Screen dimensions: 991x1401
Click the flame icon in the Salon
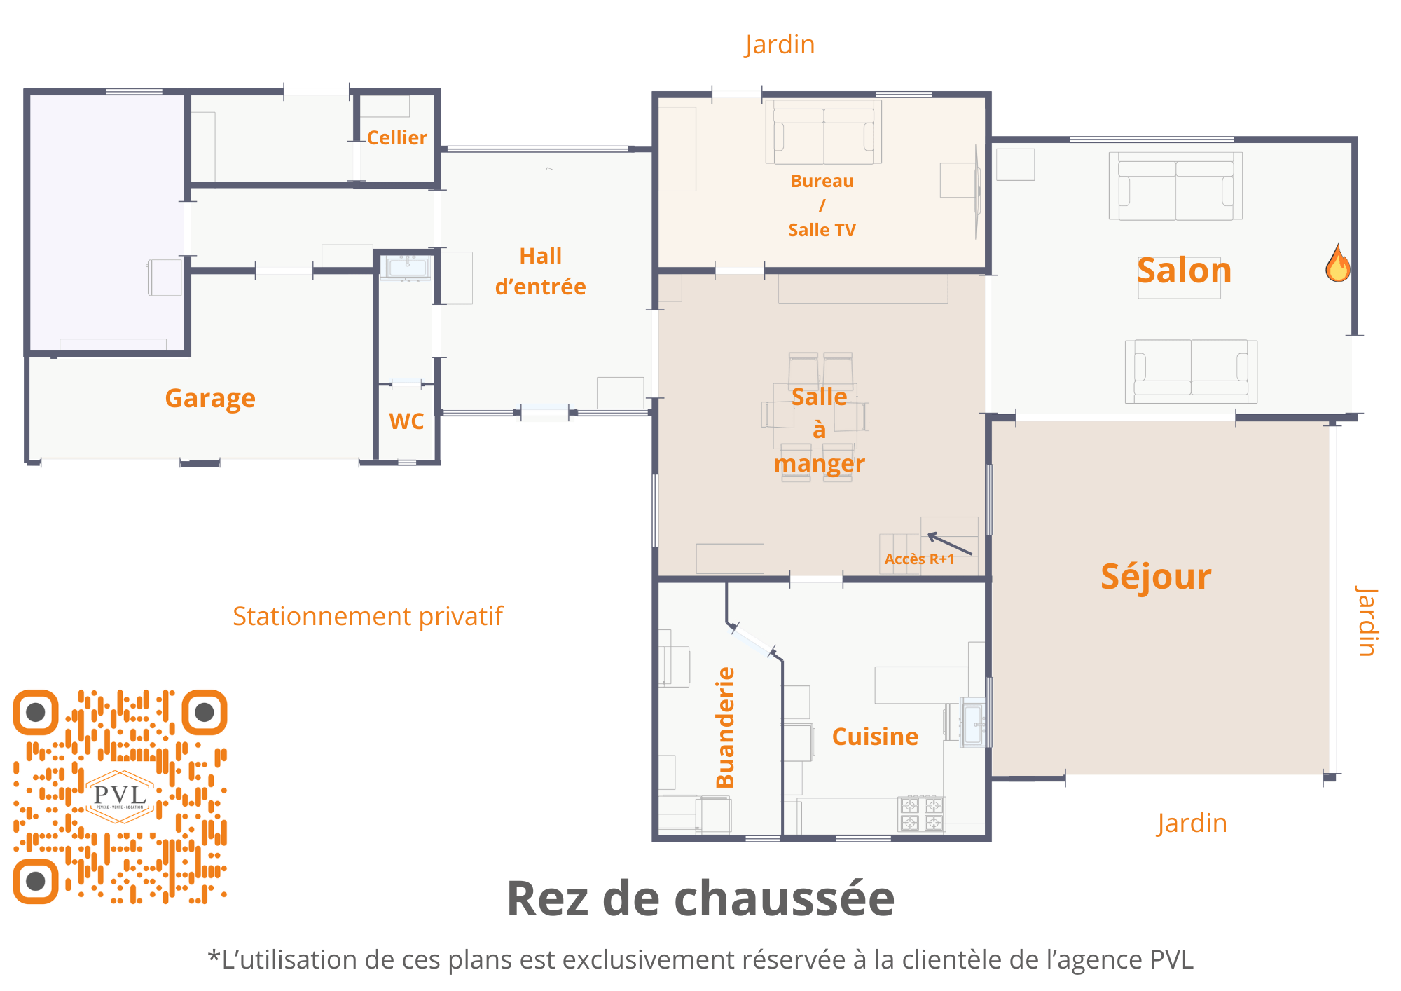pos(1337,264)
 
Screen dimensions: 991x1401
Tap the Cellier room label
pos(396,137)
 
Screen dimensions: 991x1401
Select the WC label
pos(406,421)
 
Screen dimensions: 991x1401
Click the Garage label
pos(210,398)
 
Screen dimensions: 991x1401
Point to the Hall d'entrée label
pos(540,271)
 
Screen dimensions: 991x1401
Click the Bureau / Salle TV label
pos(822,205)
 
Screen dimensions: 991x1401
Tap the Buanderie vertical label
pos(726,727)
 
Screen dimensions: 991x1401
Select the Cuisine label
pos(875,737)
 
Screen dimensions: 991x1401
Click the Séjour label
pos(1156,577)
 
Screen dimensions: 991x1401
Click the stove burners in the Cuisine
pos(922,814)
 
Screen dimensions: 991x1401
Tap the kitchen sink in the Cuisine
pos(973,722)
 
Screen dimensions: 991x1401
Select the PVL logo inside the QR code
pos(120,795)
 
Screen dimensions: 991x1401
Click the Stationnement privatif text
pos(368,616)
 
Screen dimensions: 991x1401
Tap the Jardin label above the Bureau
pos(780,45)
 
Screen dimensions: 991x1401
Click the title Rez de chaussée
pos(700,898)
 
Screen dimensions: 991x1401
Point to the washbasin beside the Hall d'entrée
pos(405,268)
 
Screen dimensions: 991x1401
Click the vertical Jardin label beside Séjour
pos(1367,621)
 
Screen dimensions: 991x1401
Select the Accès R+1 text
pos(919,559)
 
